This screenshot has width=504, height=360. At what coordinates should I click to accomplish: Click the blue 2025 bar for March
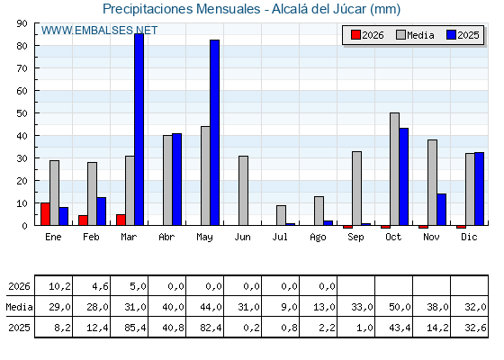[x=139, y=130]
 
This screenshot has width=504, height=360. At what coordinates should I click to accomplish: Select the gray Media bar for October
[x=395, y=169]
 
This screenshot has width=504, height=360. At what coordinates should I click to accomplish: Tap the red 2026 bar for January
[x=45, y=214]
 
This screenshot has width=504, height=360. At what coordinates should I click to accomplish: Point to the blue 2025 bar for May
[x=215, y=133]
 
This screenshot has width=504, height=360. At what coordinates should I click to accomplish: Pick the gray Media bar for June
[x=243, y=191]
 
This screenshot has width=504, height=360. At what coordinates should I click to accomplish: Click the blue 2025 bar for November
[x=442, y=210]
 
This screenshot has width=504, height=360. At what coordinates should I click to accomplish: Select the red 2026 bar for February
[x=83, y=220]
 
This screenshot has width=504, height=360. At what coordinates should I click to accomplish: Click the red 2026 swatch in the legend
[x=355, y=35]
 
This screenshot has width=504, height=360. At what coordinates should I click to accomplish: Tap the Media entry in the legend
[x=415, y=35]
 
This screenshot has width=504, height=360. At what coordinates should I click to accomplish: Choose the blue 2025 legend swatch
[x=451, y=35]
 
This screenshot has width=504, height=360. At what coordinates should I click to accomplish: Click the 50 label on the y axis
[x=22, y=113]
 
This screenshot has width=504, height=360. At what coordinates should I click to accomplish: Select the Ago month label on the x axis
[x=318, y=238]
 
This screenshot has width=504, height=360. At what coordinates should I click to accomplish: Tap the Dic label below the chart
[x=469, y=237]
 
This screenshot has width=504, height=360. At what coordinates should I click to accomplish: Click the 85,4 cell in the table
[x=130, y=328]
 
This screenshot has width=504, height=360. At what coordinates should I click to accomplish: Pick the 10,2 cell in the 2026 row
[x=54, y=286]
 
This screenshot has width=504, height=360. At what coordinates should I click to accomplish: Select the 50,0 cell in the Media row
[x=394, y=307]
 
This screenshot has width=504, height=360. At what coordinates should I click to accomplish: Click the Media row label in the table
[x=19, y=307]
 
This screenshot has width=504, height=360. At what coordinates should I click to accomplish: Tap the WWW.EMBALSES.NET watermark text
[x=99, y=31]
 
